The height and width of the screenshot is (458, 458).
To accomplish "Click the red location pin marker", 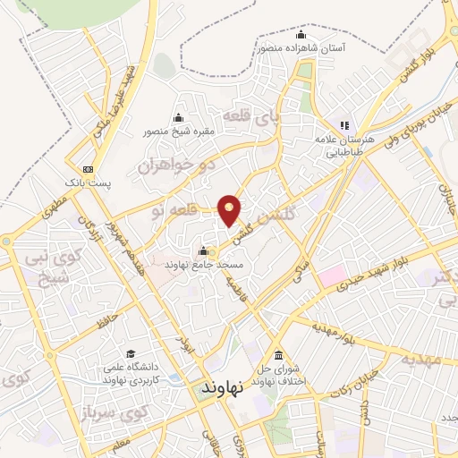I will (x=230, y=210).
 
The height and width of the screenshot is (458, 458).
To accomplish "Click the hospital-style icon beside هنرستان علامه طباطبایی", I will (x=342, y=126).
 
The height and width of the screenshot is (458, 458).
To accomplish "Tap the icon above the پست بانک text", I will (x=87, y=169).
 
